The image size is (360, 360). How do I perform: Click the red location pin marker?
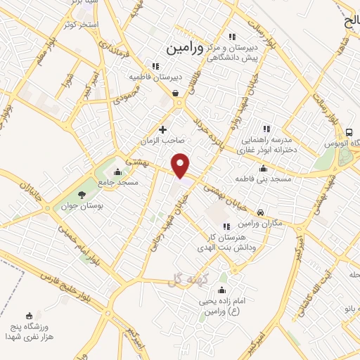[181, 165]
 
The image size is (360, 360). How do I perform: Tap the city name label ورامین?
[185, 49]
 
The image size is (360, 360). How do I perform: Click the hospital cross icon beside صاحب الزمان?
[163, 129]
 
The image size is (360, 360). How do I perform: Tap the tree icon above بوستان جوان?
[83, 195]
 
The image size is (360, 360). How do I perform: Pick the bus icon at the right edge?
[349, 131]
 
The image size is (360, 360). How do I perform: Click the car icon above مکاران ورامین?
[260, 212]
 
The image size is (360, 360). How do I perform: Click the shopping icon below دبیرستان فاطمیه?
[175, 92]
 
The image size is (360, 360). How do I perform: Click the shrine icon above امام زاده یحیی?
[222, 291]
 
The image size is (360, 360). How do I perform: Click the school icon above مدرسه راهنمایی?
[266, 129]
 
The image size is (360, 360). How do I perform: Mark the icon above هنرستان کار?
[226, 226]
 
